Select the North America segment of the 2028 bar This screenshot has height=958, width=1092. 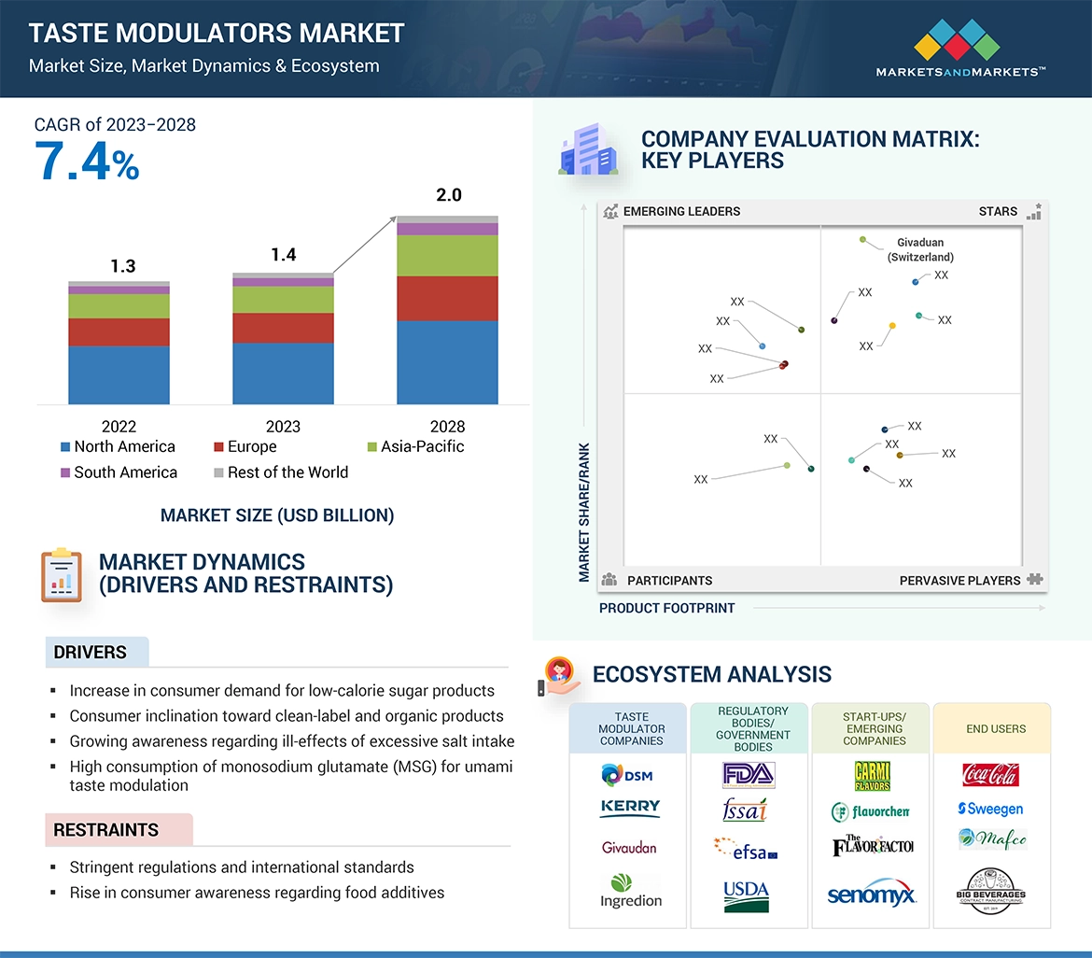[x=447, y=362]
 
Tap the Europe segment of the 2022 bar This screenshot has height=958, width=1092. [x=119, y=332]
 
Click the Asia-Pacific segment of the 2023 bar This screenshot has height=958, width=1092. [x=283, y=300]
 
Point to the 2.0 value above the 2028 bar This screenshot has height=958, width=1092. [x=448, y=195]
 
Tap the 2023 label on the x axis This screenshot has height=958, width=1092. [x=283, y=427]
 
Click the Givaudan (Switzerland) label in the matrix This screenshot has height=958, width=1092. [x=919, y=249]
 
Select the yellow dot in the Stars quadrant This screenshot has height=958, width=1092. [x=892, y=326]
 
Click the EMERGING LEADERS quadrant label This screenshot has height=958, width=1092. [x=681, y=211]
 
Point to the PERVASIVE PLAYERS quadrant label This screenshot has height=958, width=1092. [x=959, y=581]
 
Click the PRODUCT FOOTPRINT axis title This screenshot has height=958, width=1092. [x=666, y=608]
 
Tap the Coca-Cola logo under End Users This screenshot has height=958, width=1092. [x=990, y=775]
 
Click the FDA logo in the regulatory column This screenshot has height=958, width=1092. [x=749, y=775]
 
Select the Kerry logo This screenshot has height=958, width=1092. [x=630, y=808]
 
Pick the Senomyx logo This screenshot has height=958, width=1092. [x=872, y=895]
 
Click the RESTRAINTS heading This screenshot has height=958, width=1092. [x=105, y=830]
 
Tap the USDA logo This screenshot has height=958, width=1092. [x=747, y=895]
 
